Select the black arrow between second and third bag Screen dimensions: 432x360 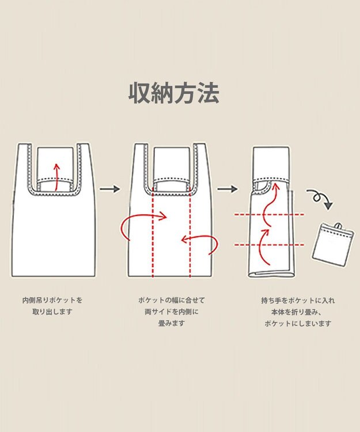pyautogui.click(x=228, y=189)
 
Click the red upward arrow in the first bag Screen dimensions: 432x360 pyautogui.click(x=56, y=176)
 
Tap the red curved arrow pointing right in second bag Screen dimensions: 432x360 pyautogui.click(x=141, y=222)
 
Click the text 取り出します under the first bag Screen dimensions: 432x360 pyautogui.click(x=52, y=312)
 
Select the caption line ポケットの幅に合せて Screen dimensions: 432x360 pyautogui.click(x=171, y=300)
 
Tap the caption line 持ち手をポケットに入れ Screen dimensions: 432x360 pyautogui.click(x=298, y=300)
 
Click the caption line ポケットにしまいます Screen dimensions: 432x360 pyautogui.click(x=298, y=324)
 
